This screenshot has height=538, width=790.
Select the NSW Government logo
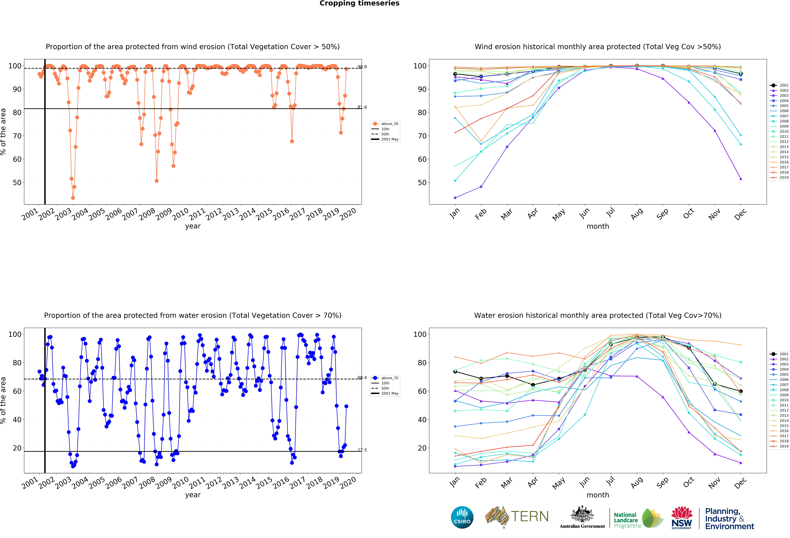(682, 518)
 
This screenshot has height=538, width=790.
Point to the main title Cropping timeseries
(359, 3)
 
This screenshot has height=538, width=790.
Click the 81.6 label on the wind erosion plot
(362, 107)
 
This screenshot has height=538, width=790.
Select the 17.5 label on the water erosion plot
(362, 450)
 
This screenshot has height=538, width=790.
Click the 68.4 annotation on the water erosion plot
(362, 378)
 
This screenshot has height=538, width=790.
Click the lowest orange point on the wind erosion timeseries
(73, 198)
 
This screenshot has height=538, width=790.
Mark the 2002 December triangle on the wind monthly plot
(741, 179)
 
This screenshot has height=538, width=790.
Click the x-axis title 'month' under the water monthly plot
(598, 495)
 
